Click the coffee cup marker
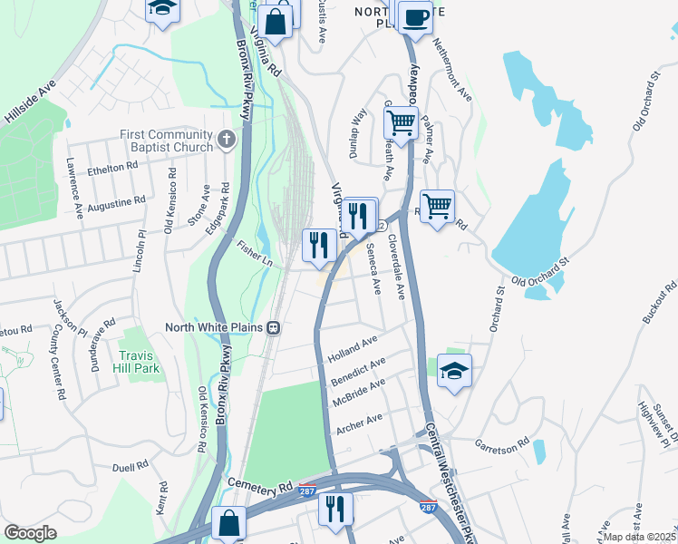(x=415, y=17)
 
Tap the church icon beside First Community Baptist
(x=227, y=141)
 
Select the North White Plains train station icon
(x=273, y=327)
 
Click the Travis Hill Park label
(x=137, y=362)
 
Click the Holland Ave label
(x=354, y=345)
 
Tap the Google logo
(x=30, y=532)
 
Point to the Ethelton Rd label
(x=111, y=167)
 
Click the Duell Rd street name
(x=131, y=467)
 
